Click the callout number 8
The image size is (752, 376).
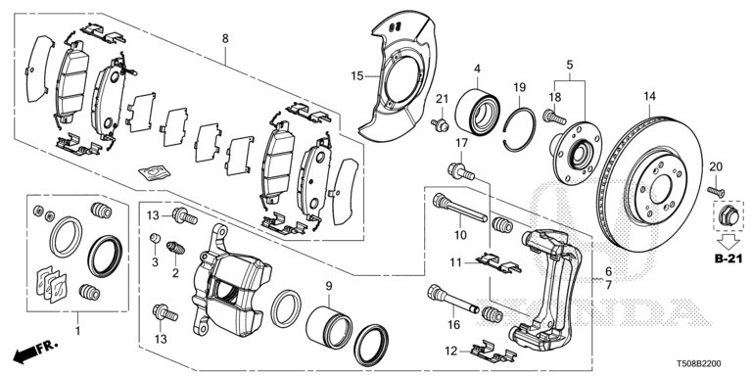[225, 39]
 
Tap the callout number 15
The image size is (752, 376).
[357, 75]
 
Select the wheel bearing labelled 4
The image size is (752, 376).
[477, 113]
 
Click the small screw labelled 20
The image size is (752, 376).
[716, 191]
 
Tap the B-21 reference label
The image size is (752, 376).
[728, 258]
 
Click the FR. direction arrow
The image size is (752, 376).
[34, 352]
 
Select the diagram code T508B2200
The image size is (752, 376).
[698, 364]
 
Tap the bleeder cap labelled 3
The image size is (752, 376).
[155, 237]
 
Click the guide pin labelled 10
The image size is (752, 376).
[460, 209]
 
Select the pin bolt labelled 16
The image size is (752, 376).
[452, 299]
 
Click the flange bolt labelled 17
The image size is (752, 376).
[461, 172]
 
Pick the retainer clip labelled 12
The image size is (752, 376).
[493, 352]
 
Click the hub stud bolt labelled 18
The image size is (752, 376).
[554, 117]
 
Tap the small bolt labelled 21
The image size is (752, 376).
[440, 125]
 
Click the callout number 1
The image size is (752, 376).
[77, 330]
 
